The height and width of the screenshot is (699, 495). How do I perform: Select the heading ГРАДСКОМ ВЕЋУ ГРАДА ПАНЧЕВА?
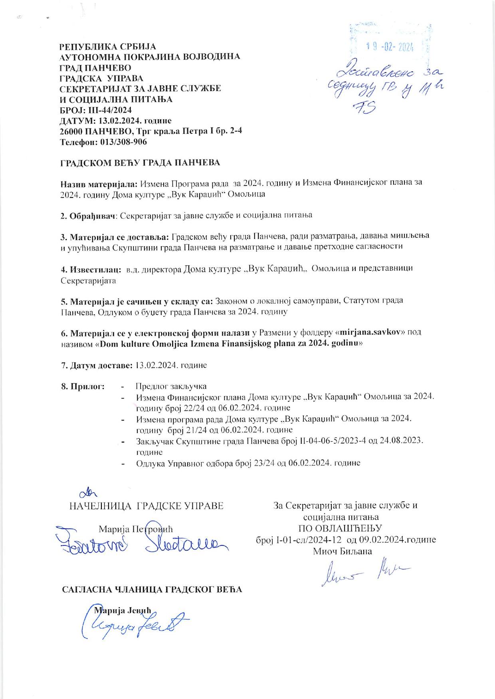(140, 163)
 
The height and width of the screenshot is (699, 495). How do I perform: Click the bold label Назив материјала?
(99, 183)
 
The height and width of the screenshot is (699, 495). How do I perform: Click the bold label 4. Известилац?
(91, 268)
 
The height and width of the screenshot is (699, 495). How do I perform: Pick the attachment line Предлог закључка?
(171, 386)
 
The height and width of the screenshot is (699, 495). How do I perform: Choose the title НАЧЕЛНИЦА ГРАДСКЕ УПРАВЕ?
(146, 506)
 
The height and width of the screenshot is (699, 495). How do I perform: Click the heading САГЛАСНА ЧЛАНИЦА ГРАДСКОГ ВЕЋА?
(152, 590)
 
